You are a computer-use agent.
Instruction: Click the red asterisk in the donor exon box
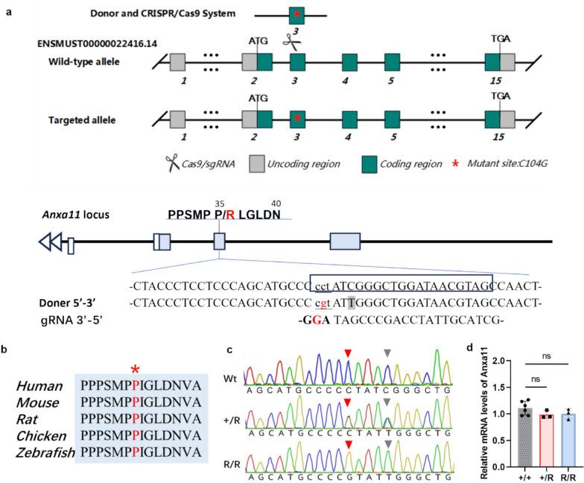point(297,14)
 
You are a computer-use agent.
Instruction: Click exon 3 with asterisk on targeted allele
point(297,119)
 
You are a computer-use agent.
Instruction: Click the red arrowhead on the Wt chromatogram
point(346,373)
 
